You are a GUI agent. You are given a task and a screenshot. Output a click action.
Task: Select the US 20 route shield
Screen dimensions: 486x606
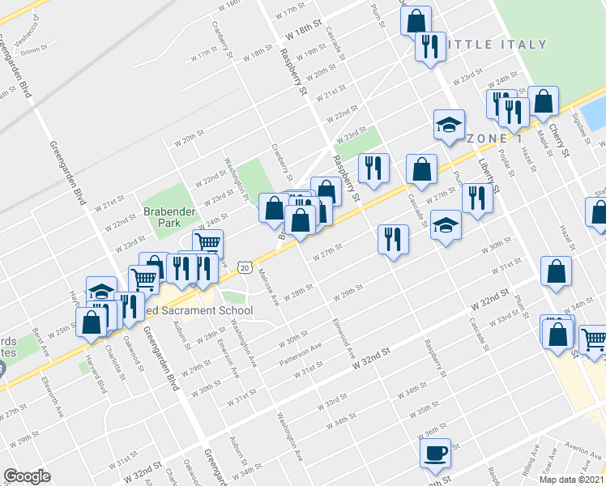point(244,266)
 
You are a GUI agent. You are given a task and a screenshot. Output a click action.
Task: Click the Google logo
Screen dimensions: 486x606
point(27,476)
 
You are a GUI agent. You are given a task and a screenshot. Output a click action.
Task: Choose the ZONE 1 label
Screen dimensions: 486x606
point(493,139)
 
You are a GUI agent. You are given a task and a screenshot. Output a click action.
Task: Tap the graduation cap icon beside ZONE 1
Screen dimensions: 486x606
point(449,126)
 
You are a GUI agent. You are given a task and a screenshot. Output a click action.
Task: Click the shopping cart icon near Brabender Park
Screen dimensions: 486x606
point(208,242)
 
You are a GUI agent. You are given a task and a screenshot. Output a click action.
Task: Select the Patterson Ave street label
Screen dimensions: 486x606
point(301,351)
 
